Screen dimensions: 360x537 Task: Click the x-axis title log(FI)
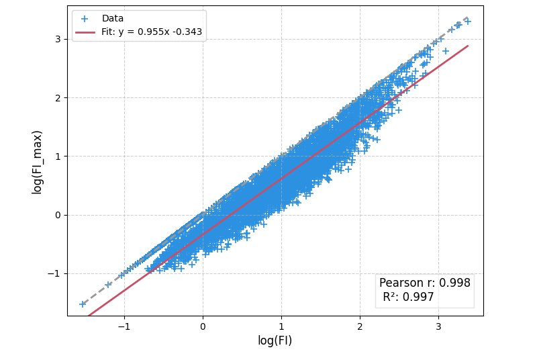point(275,341)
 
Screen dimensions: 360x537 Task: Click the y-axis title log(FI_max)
point(38,162)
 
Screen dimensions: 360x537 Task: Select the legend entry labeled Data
point(112,18)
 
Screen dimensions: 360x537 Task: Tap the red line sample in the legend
point(85,32)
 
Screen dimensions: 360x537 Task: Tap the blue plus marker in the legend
point(85,19)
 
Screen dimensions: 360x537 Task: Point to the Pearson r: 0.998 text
point(424,283)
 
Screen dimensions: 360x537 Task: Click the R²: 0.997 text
point(408,297)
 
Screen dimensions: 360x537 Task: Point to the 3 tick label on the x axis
point(438,326)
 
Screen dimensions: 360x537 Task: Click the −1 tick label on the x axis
point(124,326)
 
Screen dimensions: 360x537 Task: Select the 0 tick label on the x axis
point(203,326)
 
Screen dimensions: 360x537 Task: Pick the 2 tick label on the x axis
point(360,326)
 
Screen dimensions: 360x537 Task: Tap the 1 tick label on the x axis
point(281,326)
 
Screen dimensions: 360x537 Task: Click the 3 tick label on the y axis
point(58,39)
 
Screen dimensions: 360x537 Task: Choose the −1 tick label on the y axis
point(54,273)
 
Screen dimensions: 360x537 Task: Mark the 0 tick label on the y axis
point(58,215)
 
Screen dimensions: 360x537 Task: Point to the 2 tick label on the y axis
point(58,97)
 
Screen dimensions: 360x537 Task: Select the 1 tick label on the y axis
point(58,156)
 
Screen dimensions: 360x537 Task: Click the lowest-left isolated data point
point(83,304)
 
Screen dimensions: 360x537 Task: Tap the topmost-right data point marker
point(467,21)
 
